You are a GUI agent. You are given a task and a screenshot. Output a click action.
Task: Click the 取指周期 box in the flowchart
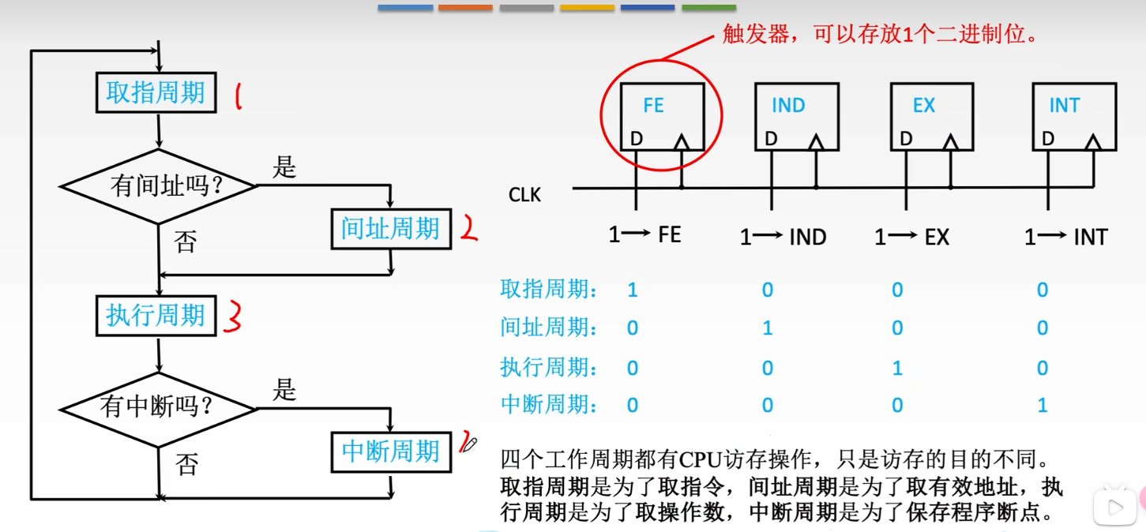(x=156, y=92)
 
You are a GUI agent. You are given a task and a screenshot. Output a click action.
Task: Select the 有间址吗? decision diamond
(x=159, y=186)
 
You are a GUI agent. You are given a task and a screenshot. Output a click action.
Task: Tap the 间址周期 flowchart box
(x=390, y=229)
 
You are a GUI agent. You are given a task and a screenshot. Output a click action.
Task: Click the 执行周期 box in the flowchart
(x=156, y=315)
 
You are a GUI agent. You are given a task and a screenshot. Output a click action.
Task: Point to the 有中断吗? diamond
(x=159, y=408)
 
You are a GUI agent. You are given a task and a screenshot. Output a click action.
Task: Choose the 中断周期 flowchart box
(x=390, y=451)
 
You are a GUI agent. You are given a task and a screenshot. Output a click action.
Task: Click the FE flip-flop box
(x=662, y=117)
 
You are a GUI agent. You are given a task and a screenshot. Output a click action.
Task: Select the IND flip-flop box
(x=796, y=117)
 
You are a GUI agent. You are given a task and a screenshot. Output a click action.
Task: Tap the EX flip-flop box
(x=930, y=117)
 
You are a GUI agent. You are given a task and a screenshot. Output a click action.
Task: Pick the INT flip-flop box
(x=1074, y=117)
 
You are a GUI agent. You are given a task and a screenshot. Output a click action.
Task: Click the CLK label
(x=525, y=194)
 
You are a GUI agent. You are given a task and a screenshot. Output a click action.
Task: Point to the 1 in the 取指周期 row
(x=633, y=290)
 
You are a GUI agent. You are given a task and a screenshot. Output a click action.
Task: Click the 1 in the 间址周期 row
(x=767, y=328)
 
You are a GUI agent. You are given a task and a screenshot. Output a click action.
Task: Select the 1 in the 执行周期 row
(x=897, y=368)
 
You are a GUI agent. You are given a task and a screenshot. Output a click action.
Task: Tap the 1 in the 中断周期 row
(x=1043, y=406)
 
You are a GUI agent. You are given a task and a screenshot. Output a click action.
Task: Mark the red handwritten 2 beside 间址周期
(x=469, y=229)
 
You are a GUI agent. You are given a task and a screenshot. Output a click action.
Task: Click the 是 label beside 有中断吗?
(x=284, y=390)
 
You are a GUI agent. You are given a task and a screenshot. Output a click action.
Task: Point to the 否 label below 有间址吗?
(x=186, y=242)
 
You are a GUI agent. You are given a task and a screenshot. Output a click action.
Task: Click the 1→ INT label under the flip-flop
(x=1065, y=237)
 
